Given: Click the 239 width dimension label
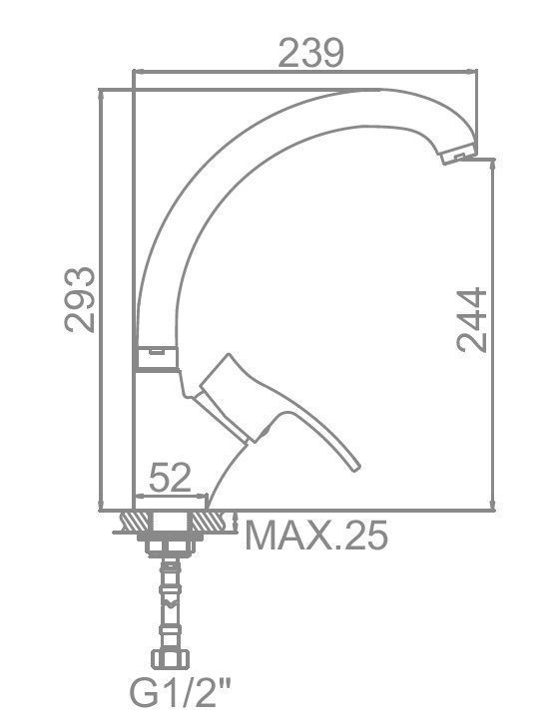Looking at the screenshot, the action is (x=310, y=54).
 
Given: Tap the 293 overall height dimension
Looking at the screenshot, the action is (x=80, y=299).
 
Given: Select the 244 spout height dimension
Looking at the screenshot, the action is (x=472, y=320).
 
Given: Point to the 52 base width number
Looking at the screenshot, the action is (x=170, y=478).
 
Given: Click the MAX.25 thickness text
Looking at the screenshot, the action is (x=316, y=537).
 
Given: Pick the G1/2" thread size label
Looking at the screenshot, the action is (x=181, y=691).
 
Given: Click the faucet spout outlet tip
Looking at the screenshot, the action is (x=458, y=154).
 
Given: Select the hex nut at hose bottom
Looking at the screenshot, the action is (x=170, y=659).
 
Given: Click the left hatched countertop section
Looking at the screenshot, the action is (x=136, y=522).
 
